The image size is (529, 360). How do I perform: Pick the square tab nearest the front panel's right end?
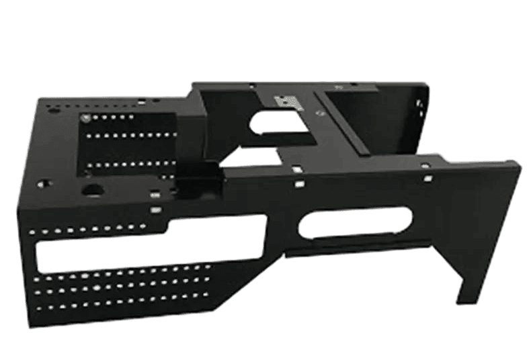tap(426, 178)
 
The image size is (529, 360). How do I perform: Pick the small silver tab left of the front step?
tap(156, 210)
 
